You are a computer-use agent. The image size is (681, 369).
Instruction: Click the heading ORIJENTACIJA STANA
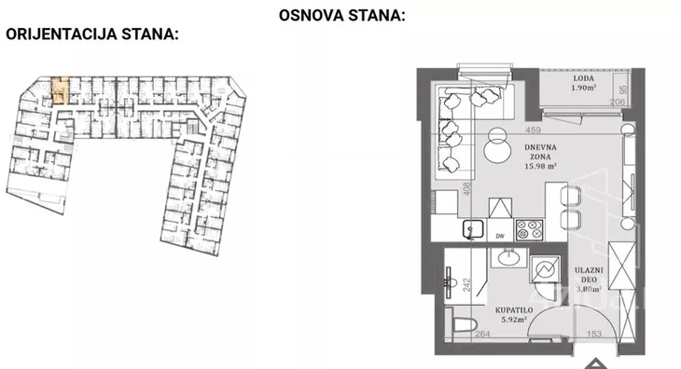[92, 34]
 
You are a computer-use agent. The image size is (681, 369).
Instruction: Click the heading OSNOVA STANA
[342, 16]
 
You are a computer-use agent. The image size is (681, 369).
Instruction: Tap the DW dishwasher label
[500, 236]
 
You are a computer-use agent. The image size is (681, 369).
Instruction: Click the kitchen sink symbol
[470, 228]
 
